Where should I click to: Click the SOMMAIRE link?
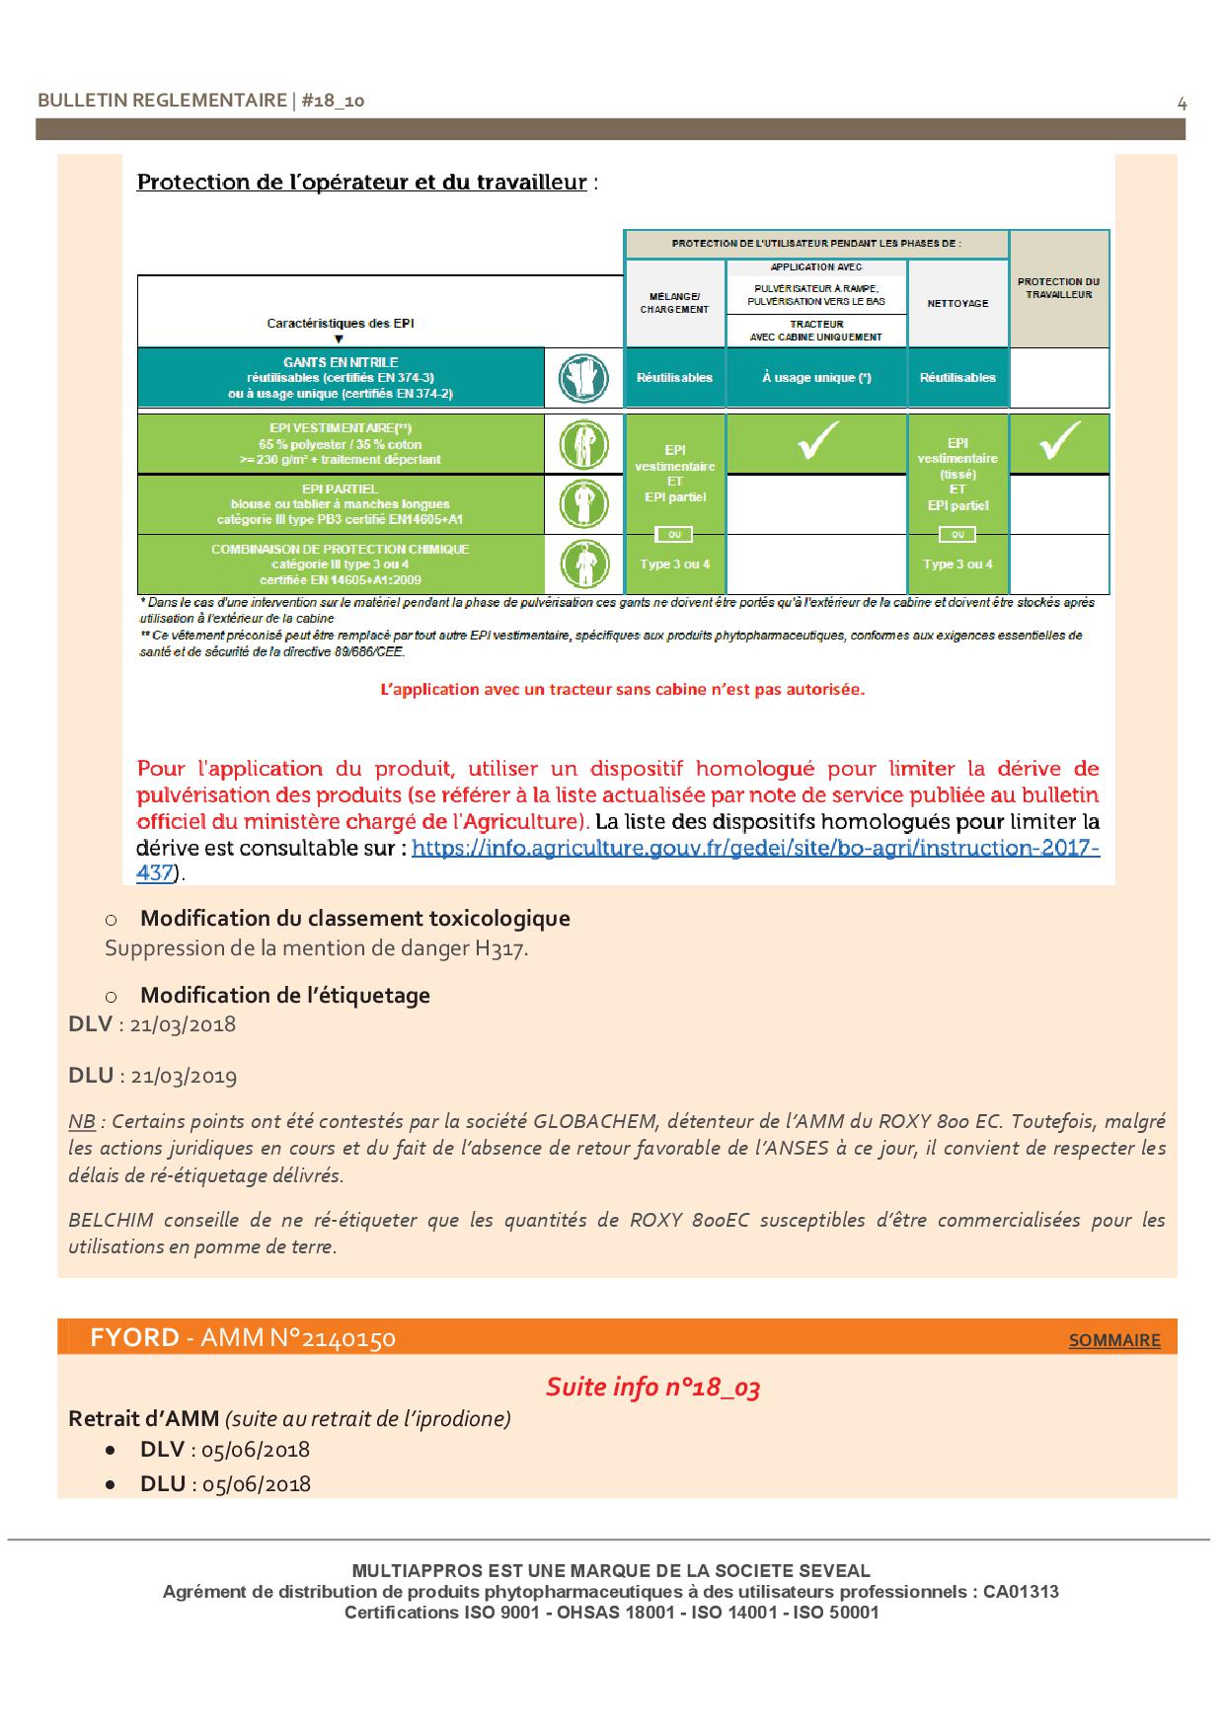[x=1114, y=1340]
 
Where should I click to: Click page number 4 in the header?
[x=1182, y=103]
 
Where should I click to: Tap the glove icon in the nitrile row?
[x=582, y=378]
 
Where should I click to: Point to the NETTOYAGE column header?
[x=957, y=303]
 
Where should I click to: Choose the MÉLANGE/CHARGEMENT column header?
[x=674, y=302]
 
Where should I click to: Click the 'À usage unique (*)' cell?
[x=816, y=378]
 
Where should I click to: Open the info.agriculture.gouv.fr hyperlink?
[x=755, y=848]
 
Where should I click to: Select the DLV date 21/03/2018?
[x=183, y=1023]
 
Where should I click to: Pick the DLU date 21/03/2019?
[x=184, y=1076]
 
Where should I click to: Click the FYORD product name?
[x=134, y=1338]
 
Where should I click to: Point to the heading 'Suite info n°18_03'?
[x=652, y=1387]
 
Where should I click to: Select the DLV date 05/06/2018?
[x=256, y=1450]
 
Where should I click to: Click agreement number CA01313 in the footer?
[x=1021, y=1592]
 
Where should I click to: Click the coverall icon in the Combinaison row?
[x=582, y=564]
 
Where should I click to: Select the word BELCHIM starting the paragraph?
[x=111, y=1220]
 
